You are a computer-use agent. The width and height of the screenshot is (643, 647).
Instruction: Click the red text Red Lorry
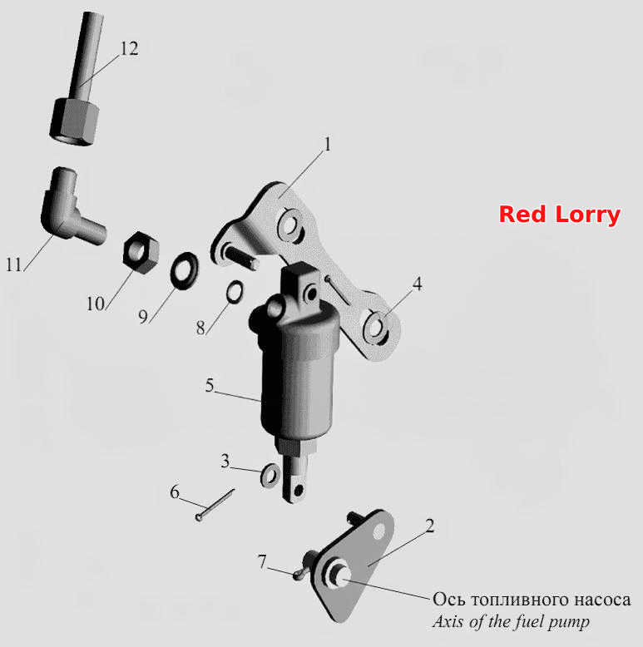click(560, 215)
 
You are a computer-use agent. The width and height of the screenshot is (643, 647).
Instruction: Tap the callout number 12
click(129, 49)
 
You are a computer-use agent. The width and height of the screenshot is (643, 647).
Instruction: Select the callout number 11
click(13, 264)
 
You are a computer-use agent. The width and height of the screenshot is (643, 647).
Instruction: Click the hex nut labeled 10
click(141, 253)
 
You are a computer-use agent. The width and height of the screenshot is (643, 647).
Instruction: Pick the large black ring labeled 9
click(184, 270)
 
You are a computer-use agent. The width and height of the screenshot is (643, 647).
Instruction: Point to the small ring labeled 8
click(235, 292)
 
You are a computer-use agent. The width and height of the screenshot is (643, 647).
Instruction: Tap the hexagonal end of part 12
click(75, 121)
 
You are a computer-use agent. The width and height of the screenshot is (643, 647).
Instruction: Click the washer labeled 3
click(270, 475)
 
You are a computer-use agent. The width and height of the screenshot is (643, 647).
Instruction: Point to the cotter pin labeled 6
click(215, 504)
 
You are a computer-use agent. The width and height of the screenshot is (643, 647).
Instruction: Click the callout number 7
click(263, 561)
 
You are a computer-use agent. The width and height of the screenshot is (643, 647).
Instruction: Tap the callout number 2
click(429, 526)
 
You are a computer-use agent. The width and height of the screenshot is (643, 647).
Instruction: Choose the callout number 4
click(418, 284)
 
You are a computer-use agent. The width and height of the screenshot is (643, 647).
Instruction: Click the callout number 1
click(328, 145)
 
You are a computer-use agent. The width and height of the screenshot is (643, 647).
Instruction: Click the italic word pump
click(569, 622)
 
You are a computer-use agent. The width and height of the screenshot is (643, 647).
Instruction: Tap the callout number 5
click(210, 386)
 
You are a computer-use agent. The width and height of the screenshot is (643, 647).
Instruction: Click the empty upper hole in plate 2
click(378, 532)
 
